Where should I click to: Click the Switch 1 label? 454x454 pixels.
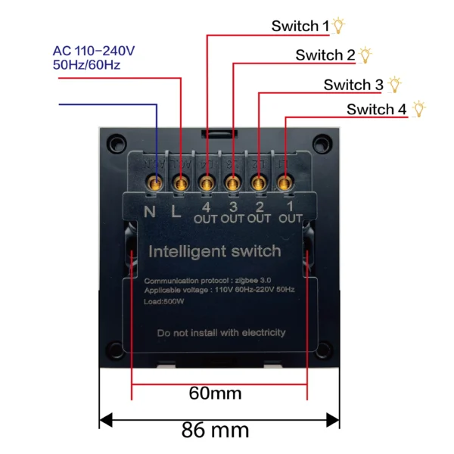(300, 26)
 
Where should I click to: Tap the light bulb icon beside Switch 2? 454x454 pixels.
(366, 54)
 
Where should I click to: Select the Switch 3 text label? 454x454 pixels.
(353, 84)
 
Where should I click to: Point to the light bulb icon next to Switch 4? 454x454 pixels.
(419, 109)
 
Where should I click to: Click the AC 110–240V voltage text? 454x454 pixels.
(94, 51)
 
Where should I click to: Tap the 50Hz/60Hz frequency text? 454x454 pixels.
(86, 66)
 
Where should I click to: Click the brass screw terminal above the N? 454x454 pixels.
(156, 182)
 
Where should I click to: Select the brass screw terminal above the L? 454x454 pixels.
(181, 182)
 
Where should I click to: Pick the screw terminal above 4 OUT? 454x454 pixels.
(207, 182)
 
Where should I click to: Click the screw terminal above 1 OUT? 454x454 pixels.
(284, 182)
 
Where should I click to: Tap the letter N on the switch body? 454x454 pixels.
(150, 210)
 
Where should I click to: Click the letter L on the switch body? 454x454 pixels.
(176, 211)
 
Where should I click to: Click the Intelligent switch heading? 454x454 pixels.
(215, 251)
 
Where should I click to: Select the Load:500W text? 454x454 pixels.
(163, 300)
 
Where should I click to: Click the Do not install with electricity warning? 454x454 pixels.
(221, 332)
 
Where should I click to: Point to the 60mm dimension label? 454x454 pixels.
(215, 393)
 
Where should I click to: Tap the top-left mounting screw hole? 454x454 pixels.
(117, 141)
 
